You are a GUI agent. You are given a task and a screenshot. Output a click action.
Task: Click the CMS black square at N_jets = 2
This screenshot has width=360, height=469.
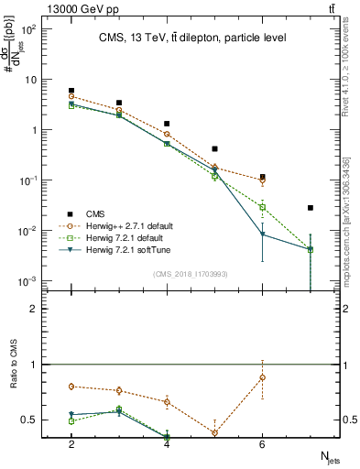pos(71,91)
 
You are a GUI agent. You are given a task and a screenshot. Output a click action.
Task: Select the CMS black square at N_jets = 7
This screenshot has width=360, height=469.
pos(311,208)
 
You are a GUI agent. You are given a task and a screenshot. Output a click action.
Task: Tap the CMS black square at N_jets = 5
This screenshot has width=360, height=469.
pos(214,148)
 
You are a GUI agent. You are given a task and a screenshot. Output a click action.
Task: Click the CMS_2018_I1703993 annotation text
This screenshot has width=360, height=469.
pos(190,273)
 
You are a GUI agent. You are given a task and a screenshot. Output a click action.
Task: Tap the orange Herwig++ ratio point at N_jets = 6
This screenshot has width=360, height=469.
pos(262,377)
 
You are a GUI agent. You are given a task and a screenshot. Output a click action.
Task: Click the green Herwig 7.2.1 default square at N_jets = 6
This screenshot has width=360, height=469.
pos(262,207)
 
